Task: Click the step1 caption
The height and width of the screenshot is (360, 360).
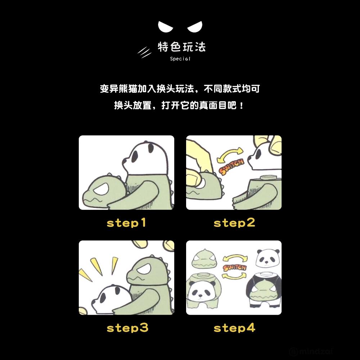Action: point(126,223)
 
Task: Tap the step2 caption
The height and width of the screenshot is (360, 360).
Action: point(234,223)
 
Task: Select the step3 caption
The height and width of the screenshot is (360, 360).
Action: point(127,328)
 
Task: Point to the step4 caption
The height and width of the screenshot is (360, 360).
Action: point(234,328)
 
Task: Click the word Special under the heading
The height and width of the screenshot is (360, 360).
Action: point(180,59)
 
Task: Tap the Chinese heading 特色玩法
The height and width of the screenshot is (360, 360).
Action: point(181,47)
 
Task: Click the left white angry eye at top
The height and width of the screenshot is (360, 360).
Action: point(165,27)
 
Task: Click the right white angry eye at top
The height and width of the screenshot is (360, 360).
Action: point(195,27)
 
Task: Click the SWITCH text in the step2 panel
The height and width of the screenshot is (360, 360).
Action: point(231,166)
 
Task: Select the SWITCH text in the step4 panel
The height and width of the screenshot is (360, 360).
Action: point(235,268)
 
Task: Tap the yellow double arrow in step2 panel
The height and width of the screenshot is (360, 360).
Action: point(230,153)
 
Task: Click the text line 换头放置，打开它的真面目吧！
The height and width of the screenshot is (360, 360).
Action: point(179,105)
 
